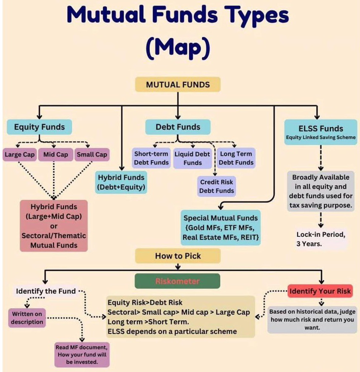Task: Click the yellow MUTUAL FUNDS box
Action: [178, 85]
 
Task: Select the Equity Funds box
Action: [39, 127]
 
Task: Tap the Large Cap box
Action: [20, 154]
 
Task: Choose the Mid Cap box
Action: [55, 154]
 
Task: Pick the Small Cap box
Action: [92, 154]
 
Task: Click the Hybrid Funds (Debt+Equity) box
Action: [121, 182]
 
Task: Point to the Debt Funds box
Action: [178, 127]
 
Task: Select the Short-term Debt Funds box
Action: [151, 158]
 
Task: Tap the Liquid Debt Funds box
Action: [192, 158]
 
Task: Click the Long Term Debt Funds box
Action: [236, 158]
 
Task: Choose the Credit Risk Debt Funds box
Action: [216, 186]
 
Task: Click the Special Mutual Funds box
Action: [221, 228]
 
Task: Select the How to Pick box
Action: [178, 256]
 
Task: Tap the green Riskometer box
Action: [178, 281]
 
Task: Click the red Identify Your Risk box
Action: [320, 291]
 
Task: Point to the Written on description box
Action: [27, 318]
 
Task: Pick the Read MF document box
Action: [82, 354]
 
